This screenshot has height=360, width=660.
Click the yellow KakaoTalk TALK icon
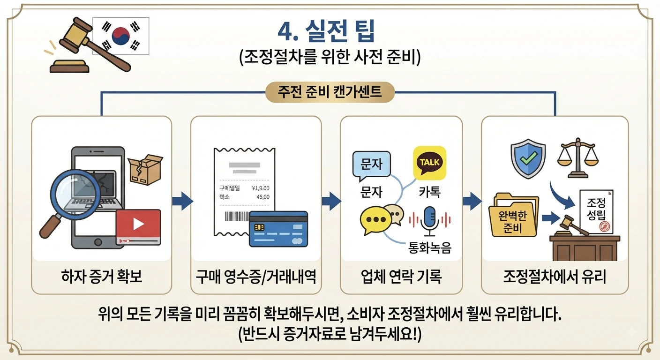(x=429, y=163)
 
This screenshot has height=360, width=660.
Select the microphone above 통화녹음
(x=429, y=221)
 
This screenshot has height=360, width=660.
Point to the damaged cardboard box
(x=145, y=169)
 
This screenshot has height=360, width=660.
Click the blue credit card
(x=278, y=229)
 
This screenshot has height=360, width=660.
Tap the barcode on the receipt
(x=237, y=216)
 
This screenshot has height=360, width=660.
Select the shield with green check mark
(x=528, y=158)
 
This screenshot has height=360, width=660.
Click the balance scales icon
(x=578, y=158)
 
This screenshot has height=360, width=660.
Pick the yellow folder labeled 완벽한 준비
(x=513, y=215)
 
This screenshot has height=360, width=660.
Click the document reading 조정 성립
(x=596, y=212)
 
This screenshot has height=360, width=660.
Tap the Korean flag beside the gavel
(x=121, y=36)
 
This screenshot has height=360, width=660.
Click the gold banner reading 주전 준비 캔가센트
(x=330, y=92)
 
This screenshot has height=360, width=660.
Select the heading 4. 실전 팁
(x=326, y=31)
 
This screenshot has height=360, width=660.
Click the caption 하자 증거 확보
(x=102, y=277)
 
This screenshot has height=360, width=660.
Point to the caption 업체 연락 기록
(x=401, y=277)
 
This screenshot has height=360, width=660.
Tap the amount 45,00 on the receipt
(x=263, y=197)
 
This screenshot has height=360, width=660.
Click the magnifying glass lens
(x=75, y=195)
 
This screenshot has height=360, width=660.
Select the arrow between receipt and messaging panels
(x=331, y=201)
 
